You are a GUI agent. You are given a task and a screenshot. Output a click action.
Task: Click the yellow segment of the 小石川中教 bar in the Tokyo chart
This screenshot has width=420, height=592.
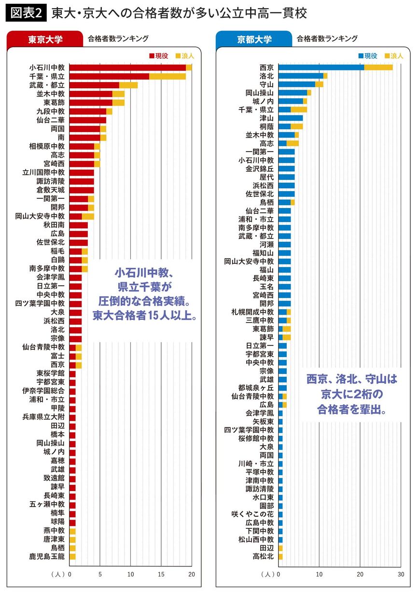[189, 68]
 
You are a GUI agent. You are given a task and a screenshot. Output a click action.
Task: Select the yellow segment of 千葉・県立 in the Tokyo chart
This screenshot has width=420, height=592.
[168, 76]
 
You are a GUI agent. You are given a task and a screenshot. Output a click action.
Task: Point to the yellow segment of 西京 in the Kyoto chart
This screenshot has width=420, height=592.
[378, 68]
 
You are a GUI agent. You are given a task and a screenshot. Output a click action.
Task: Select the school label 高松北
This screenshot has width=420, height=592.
[263, 556]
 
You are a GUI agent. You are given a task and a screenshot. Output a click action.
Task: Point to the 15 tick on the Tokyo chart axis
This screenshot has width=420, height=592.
[161, 575]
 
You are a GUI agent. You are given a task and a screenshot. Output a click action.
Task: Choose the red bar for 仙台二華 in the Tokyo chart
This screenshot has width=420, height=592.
[88, 120]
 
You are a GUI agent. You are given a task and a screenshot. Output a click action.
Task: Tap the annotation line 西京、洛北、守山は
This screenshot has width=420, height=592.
[351, 380]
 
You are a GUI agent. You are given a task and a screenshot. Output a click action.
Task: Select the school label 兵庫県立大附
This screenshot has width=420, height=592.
[43, 417]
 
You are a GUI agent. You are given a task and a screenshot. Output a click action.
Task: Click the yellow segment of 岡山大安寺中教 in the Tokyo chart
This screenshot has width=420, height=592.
[88, 216]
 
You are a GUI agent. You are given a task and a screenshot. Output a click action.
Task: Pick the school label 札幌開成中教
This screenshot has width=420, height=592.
[252, 311]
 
